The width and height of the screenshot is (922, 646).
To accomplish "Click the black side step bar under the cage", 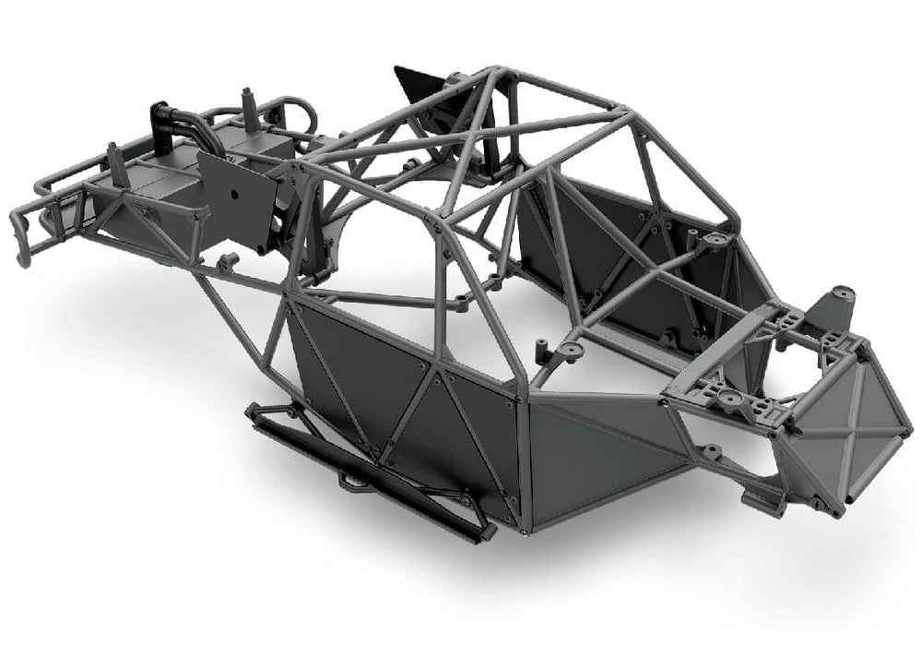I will pyautogui.click(x=369, y=471).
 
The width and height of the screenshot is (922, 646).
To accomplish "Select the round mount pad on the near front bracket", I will pyautogui.click(x=730, y=400).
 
